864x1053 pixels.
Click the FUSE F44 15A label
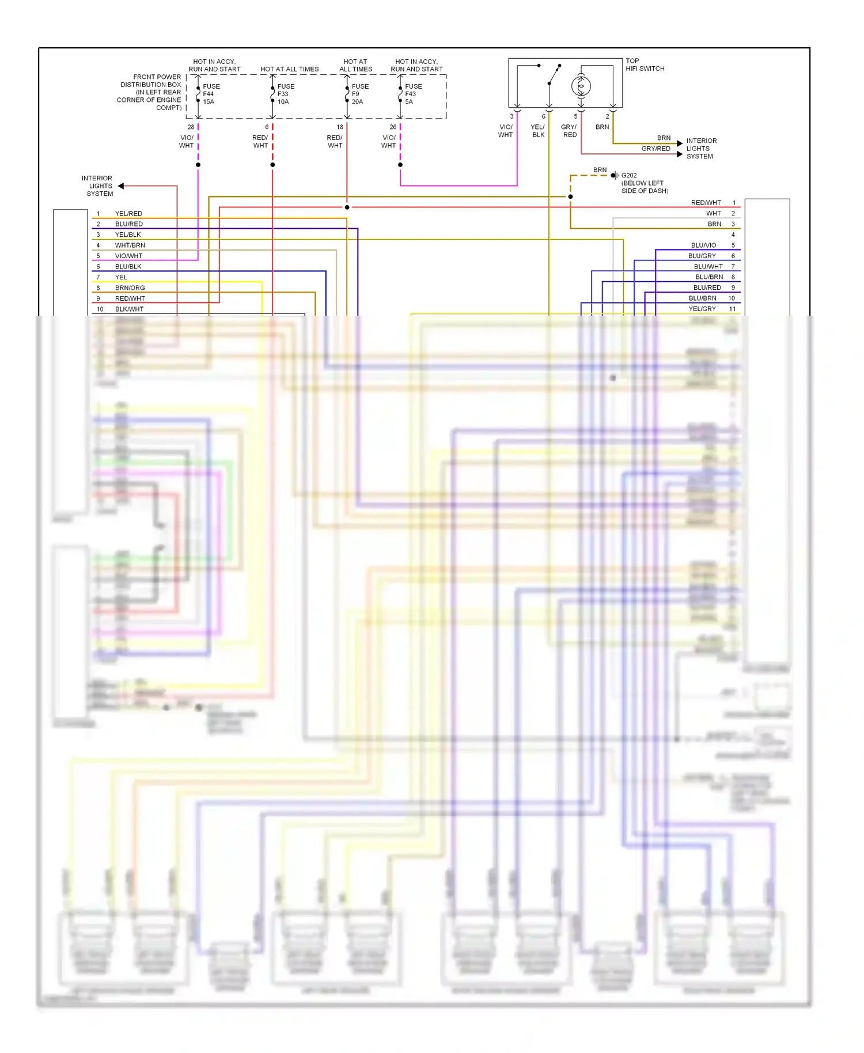pos(211,94)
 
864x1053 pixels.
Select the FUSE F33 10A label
pos(285,94)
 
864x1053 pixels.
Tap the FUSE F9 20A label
pos(359,94)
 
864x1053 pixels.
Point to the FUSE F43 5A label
pos(413,94)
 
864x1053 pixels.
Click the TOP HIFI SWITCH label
pos(645,65)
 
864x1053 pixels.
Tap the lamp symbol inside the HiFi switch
pos(581,86)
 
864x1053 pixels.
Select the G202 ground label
pos(629,175)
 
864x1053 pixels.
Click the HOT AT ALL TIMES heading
pos(289,69)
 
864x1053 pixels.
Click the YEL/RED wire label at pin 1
pos(128,214)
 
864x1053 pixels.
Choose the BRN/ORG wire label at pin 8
pos(130,288)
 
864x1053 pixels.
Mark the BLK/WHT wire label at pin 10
pos(129,309)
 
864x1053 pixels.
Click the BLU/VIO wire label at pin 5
pos(703,245)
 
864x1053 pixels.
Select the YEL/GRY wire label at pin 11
pos(702,309)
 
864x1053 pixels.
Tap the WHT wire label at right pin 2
pos(713,214)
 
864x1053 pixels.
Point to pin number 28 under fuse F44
pos(191,127)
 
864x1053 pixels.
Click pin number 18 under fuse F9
pos(340,127)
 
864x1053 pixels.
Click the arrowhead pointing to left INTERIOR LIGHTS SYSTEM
pos(121,186)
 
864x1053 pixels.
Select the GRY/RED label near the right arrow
pos(655,149)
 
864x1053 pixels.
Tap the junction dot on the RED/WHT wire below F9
pos(347,207)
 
